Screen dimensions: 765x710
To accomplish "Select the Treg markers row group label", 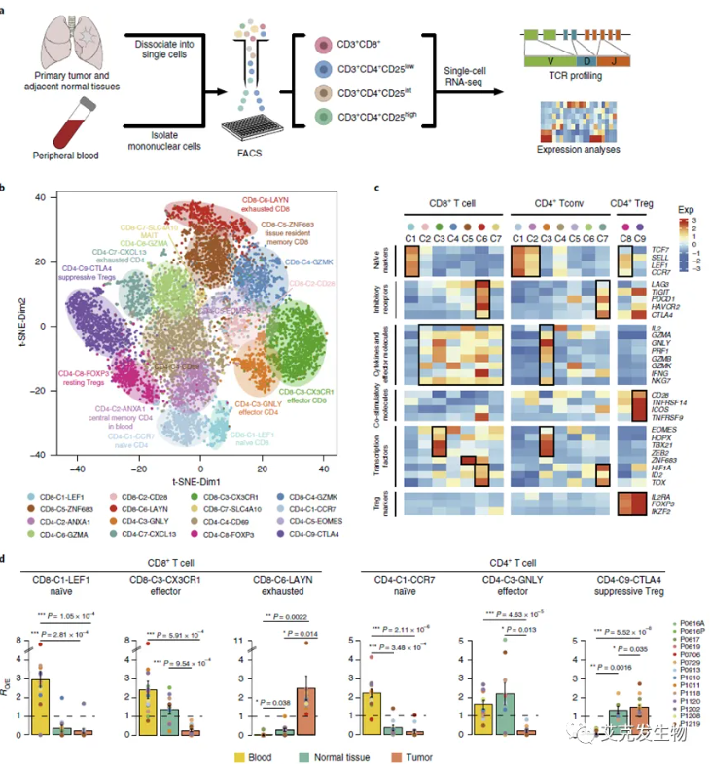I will click(x=379, y=505).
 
